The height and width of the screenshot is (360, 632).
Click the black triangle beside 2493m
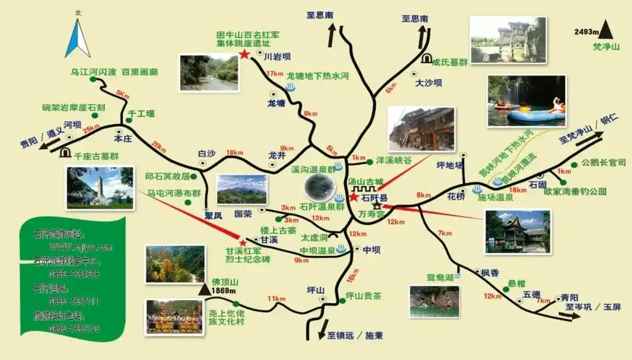point(606,29)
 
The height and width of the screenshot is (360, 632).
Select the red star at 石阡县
point(353,198)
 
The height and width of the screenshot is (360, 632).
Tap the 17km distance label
point(274,74)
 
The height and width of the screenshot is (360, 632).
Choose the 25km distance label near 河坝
point(91,129)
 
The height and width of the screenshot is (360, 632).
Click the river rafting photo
point(527,101)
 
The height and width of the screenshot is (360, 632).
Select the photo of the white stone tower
point(100,187)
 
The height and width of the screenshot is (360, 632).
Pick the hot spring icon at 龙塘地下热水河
point(290,87)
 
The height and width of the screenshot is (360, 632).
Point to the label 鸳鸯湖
point(440,277)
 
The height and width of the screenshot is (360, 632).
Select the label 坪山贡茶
point(363,295)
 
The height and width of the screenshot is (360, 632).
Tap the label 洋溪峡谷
point(394,159)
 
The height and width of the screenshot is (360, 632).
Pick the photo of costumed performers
point(174,317)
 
